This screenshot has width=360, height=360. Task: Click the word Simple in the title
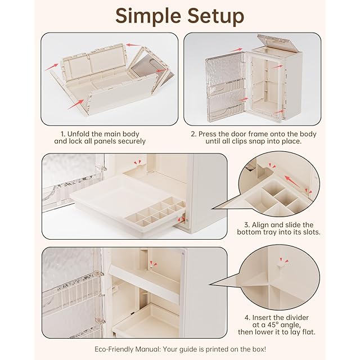click(148, 16)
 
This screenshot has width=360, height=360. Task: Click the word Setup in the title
click(216, 16)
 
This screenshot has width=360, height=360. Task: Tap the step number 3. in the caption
click(247, 225)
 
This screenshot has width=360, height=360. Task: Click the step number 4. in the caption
click(247, 318)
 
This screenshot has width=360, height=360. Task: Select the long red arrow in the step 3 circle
click(292, 181)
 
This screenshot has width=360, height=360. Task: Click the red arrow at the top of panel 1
click(133, 45)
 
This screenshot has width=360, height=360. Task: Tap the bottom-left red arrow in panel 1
click(76, 104)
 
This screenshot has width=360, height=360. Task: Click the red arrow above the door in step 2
click(236, 49)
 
